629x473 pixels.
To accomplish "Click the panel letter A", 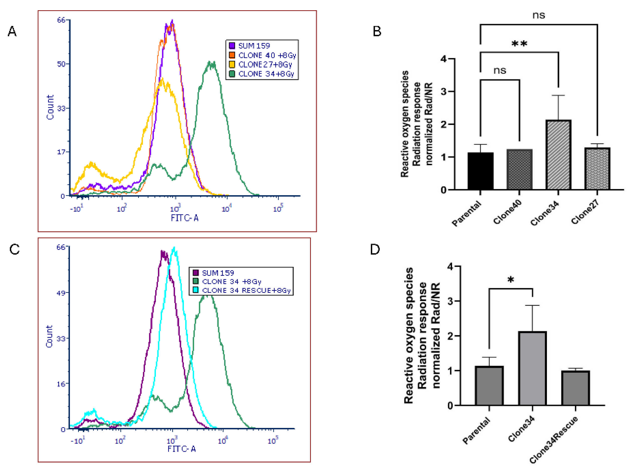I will pyautogui.click(x=12, y=31).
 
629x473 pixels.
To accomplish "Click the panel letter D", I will pyautogui.click(x=375, y=249).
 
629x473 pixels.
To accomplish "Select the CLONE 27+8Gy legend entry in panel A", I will pyautogui.click(x=265, y=65).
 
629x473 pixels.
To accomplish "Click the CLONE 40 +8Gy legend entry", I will pyautogui.click(x=267, y=55).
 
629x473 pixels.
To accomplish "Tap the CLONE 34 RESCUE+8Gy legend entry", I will pyautogui.click(x=246, y=290).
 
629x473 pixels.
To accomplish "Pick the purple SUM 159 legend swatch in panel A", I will pyautogui.click(x=232, y=46).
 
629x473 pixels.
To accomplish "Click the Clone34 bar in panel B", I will pyautogui.click(x=558, y=155).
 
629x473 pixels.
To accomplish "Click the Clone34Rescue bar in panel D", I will pyautogui.click(x=575, y=388).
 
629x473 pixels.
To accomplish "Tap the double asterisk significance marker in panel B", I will pyautogui.click(x=519, y=44).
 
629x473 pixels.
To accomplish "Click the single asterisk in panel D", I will pyautogui.click(x=511, y=280).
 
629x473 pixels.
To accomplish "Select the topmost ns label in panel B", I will pyautogui.click(x=539, y=15).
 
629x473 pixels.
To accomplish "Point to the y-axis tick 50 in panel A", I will pyautogui.click(x=62, y=64).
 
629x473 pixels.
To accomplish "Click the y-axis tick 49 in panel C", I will pyautogui.click(x=61, y=293).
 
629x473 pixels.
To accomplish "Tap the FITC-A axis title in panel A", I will pyautogui.click(x=184, y=218).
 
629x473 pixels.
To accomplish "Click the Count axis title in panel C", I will pyautogui.click(x=50, y=336).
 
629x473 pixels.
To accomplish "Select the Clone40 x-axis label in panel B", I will pyautogui.click(x=508, y=212).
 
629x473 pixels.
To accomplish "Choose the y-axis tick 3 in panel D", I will pyautogui.click(x=450, y=301).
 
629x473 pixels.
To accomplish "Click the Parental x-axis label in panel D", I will pyautogui.click(x=476, y=430).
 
